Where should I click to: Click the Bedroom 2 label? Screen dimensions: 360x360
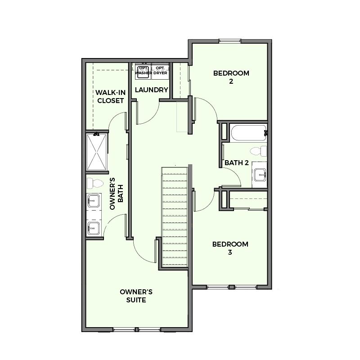[231, 77]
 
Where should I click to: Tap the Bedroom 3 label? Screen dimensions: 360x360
[230, 248]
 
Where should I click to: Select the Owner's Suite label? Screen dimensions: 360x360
[136, 296]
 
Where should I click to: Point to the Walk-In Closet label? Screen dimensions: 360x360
[110, 96]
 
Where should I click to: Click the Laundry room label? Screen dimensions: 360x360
[152, 90]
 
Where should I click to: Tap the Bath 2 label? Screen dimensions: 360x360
[237, 163]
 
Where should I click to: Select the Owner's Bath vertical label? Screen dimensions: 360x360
[117, 193]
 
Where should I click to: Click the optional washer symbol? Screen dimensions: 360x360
[143, 72]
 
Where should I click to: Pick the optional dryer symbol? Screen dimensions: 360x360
[160, 72]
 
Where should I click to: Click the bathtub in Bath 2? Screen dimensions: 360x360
[248, 132]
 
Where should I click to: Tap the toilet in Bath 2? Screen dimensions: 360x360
[258, 151]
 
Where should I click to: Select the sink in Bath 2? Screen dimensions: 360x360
[260, 175]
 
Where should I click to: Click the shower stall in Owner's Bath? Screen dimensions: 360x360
[97, 152]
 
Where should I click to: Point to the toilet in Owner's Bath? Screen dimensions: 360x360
[95, 183]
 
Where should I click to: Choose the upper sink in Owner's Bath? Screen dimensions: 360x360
[94, 201]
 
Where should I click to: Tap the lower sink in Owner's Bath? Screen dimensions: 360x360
[94, 228]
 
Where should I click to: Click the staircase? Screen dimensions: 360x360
[175, 216]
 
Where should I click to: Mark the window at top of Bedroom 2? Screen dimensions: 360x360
[229, 41]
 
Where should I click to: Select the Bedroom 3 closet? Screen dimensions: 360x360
[248, 200]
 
